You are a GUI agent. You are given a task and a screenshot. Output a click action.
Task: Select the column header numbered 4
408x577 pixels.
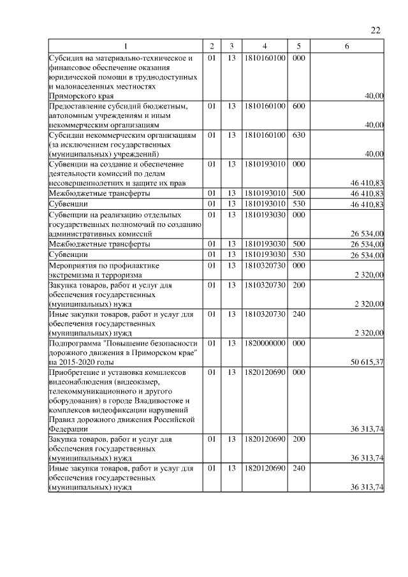[x=265, y=47]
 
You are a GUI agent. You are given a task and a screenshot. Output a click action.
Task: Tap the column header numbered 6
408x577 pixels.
[x=346, y=47]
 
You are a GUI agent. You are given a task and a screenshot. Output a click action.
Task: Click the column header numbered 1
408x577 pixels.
[x=125, y=47]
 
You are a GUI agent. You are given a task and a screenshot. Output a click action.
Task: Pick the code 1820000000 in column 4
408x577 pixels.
[x=265, y=343]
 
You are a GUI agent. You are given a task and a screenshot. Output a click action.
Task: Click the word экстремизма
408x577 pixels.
[x=71, y=275]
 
